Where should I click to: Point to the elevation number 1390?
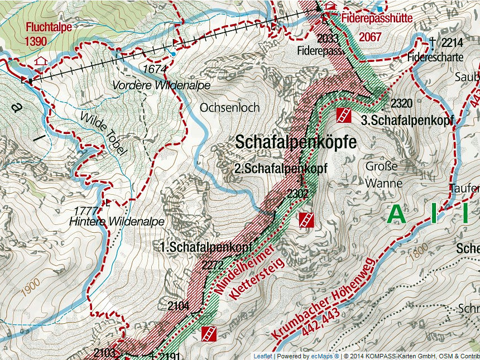coord(36,41)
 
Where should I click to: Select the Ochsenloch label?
coord(229,107)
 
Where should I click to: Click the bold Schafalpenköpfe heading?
coord(295,142)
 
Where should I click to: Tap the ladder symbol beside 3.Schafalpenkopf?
coord(344,116)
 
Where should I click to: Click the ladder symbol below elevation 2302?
coord(305,219)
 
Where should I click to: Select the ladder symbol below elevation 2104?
coord(209,334)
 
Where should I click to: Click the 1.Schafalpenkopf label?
coord(207,247)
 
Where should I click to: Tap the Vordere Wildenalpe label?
coord(161,85)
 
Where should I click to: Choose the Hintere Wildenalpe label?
coord(117,222)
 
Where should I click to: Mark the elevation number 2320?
coord(402,103)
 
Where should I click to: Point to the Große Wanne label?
coord(382,175)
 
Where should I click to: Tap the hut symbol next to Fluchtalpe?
coord(40,60)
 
